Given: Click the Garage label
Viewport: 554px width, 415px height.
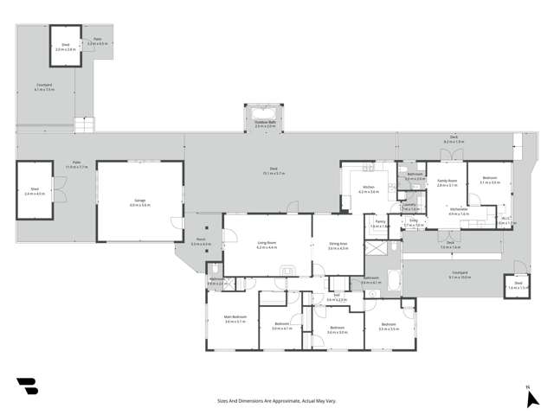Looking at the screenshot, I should [139, 203].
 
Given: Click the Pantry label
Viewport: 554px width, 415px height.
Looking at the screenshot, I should [379, 222].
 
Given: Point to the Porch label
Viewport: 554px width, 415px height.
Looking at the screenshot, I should [201, 242].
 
